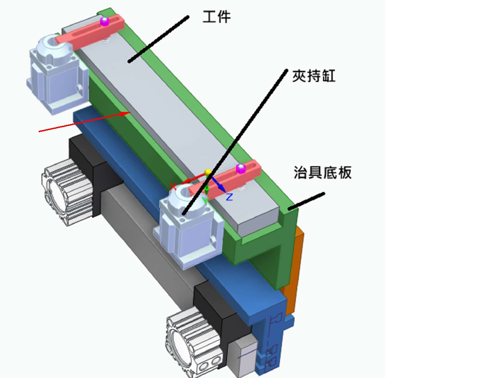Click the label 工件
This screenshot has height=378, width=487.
[x=216, y=17]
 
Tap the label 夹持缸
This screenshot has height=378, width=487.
[x=314, y=76]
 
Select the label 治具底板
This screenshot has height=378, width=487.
[x=323, y=173]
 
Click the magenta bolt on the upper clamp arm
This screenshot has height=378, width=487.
[x=105, y=22]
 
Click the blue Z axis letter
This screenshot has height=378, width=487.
[x=229, y=197]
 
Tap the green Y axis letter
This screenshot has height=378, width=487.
[x=205, y=201]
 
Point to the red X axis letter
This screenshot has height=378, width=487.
[x=173, y=187]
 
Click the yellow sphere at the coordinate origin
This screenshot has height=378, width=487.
[x=208, y=173]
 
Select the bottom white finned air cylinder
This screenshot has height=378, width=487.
[x=194, y=341]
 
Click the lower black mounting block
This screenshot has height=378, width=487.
[x=222, y=313]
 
